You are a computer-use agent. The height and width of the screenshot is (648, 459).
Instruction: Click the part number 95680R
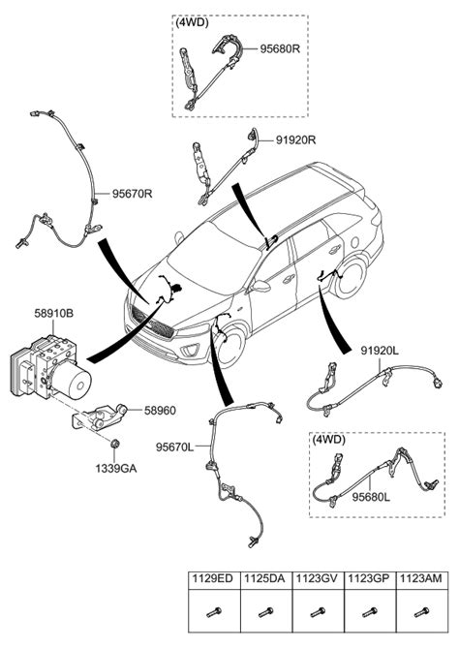[280, 48]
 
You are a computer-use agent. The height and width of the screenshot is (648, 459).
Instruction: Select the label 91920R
[295, 140]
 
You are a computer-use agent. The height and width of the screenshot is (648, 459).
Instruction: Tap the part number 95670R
[133, 194]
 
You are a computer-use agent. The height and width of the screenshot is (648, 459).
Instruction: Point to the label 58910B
[53, 313]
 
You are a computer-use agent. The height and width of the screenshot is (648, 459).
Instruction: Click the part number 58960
[160, 411]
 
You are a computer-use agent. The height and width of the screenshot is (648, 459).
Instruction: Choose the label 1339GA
[116, 469]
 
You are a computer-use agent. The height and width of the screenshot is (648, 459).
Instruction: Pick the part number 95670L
[174, 447]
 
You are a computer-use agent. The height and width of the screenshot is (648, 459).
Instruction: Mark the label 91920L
[380, 351]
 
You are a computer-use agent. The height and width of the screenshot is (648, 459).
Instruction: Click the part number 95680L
[371, 497]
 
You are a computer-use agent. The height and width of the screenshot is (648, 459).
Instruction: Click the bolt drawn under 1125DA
[265, 612]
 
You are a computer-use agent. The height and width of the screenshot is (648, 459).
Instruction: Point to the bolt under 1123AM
[421, 612]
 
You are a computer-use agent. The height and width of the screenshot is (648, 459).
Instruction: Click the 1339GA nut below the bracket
[115, 444]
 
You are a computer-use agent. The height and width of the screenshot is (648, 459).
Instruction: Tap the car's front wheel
[229, 347]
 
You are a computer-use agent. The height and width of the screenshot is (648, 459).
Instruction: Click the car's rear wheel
[351, 278]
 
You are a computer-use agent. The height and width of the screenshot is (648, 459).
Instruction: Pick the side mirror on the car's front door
[260, 286]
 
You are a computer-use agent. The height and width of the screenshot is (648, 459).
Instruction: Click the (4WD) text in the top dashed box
[193, 23]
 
